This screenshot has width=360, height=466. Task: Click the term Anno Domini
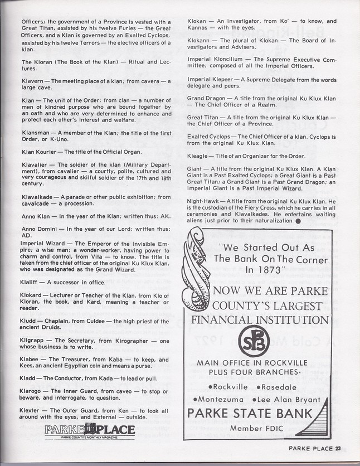[40, 229]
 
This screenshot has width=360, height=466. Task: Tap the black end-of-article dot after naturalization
[298, 221]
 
